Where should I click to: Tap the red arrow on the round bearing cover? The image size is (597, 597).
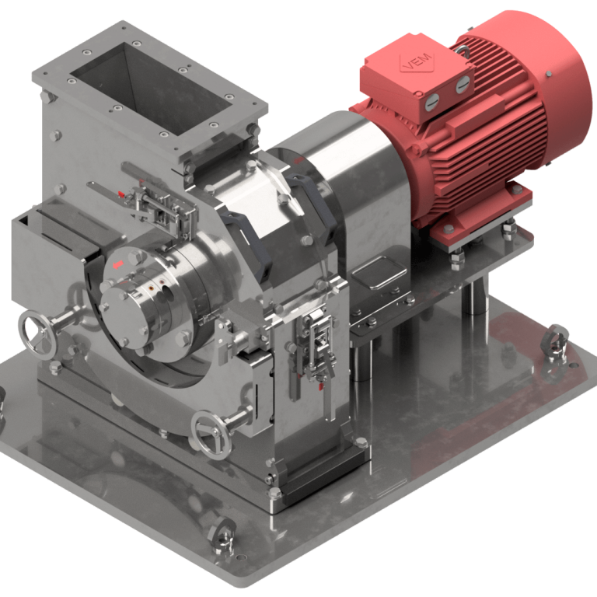click(118, 266)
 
